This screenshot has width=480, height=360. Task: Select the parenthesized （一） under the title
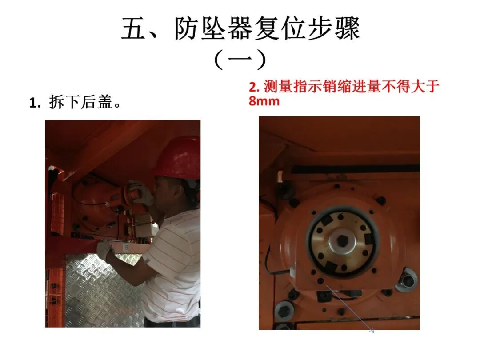(240, 60)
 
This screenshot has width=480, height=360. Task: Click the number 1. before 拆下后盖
(35, 103)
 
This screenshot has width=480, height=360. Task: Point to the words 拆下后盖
(81, 102)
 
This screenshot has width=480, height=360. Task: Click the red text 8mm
(264, 101)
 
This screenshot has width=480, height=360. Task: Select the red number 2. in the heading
(254, 87)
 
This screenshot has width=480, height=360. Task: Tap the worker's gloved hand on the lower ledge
(105, 249)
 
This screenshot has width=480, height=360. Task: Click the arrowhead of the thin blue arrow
(372, 331)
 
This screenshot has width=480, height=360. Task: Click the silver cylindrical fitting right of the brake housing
(407, 280)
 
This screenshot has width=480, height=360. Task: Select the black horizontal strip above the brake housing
(355, 169)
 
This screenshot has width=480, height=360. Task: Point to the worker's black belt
(172, 322)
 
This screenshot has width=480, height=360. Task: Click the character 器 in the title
(240, 28)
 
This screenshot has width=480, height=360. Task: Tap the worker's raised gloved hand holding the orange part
(140, 193)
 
